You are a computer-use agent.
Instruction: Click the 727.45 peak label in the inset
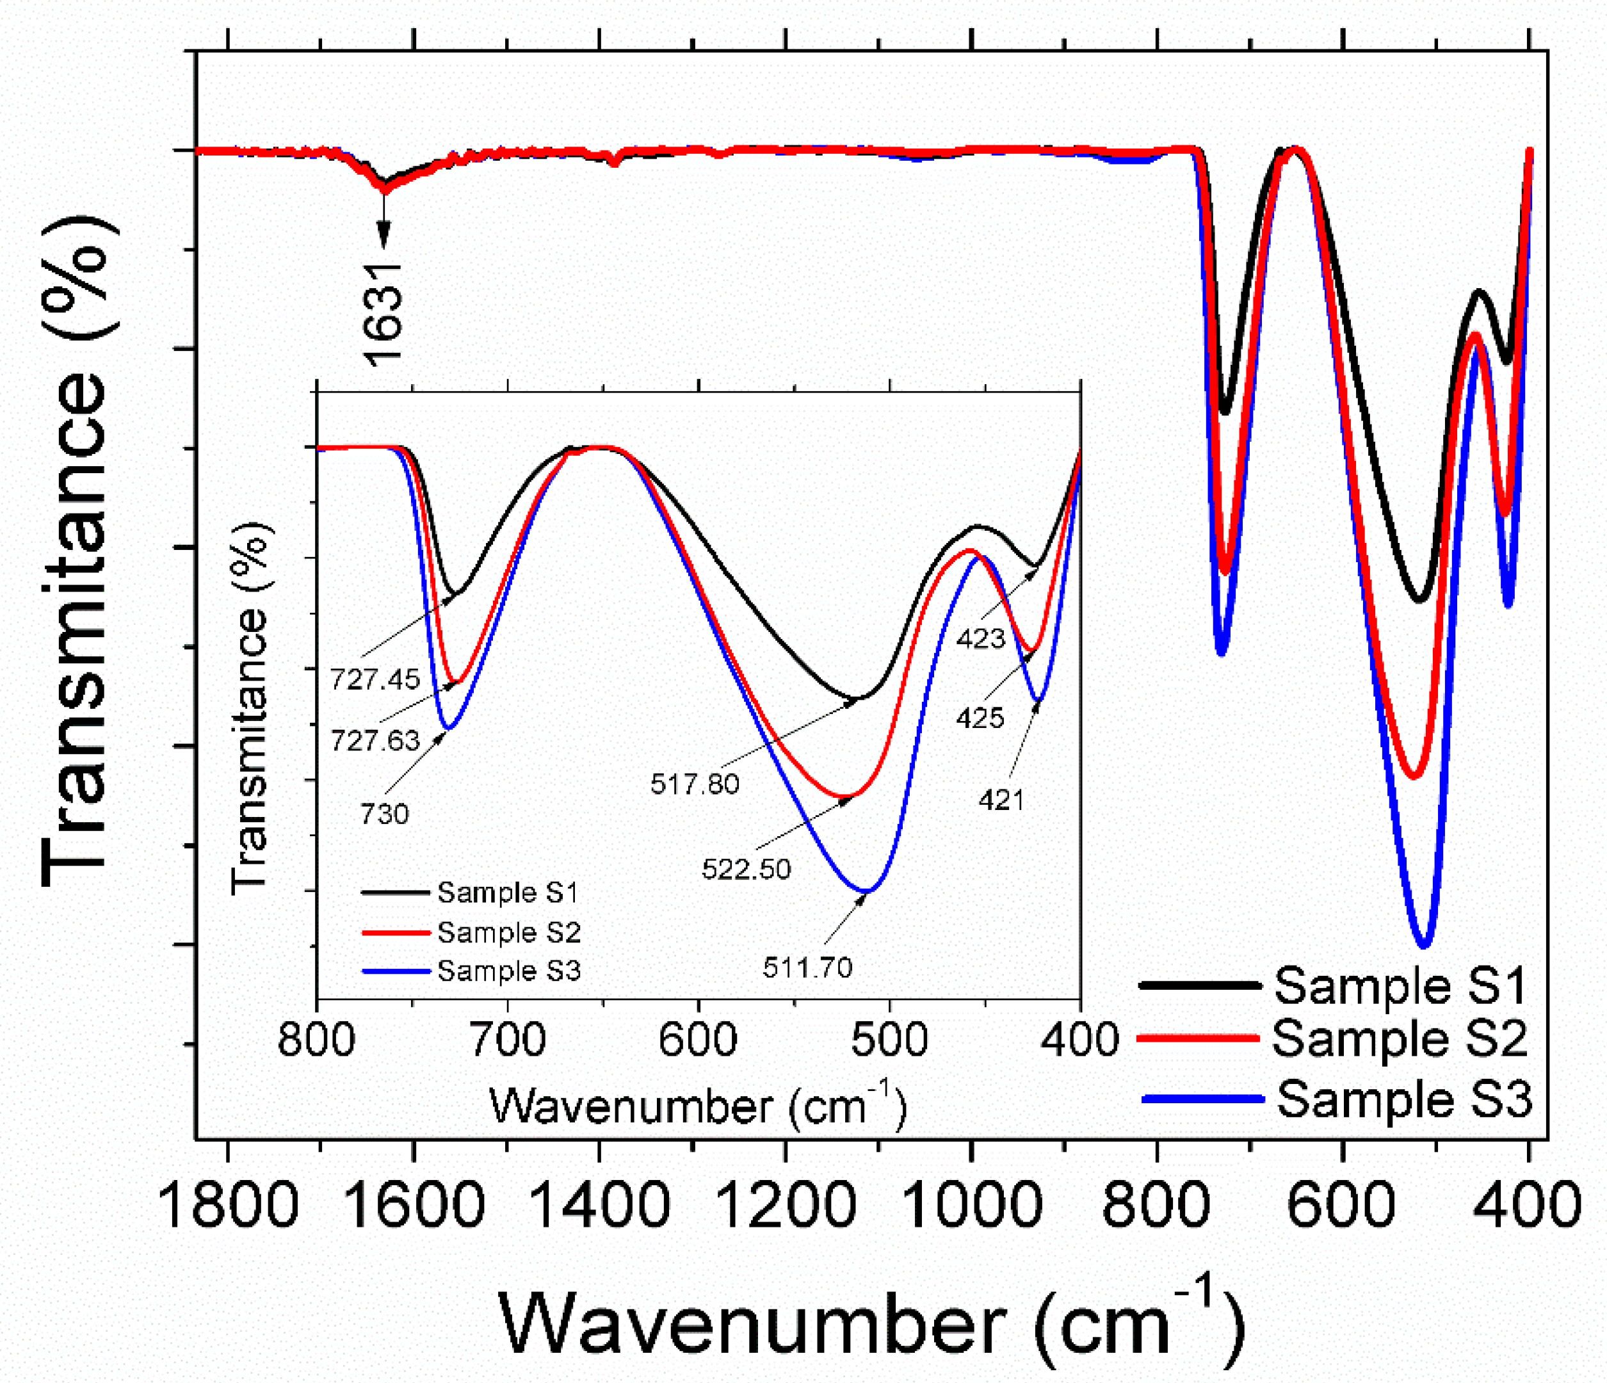375,679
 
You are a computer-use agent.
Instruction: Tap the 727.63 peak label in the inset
375,741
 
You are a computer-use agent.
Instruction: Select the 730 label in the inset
384,814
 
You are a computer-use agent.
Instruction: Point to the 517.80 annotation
695,784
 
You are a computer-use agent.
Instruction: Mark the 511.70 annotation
807,967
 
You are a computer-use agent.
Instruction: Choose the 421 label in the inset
1001,800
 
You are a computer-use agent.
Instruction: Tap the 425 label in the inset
980,718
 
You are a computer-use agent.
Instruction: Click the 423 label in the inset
980,639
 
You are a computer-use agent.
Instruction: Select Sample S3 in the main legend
1404,1099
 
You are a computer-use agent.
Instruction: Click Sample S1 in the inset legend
508,893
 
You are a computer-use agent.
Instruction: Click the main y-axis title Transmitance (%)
77,551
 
